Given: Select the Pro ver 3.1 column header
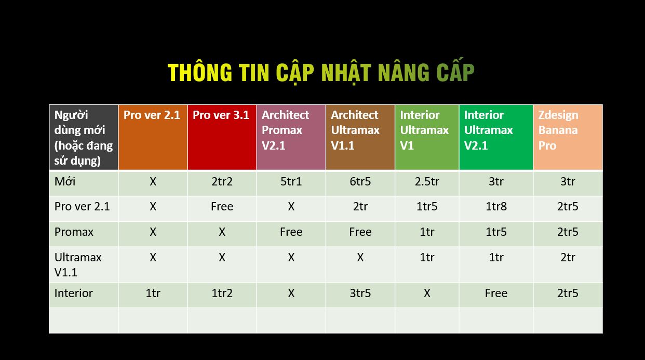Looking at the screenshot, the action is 221,115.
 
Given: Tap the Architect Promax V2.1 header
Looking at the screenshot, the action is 285,130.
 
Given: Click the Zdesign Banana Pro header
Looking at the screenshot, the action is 558,130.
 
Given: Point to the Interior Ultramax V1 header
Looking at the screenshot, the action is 424,130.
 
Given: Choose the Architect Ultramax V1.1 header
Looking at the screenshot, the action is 355,130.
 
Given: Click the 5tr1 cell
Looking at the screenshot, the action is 291,181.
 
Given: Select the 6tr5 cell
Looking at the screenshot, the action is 360,181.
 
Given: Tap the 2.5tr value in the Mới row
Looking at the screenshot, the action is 427,181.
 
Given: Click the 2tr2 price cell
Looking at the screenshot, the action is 222,181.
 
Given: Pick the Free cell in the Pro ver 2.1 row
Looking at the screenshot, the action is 222,207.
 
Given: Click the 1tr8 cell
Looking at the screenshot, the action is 496,207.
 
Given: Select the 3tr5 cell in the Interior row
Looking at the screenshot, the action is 360,293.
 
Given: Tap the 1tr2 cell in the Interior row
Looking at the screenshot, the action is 222,293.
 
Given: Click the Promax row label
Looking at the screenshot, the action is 74,232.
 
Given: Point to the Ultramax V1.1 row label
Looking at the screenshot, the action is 78,264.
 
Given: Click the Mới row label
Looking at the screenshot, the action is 65,181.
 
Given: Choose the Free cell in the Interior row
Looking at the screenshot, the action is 496,293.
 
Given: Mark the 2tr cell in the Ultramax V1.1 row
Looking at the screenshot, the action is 568,257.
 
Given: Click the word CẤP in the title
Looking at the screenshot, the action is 455,71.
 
